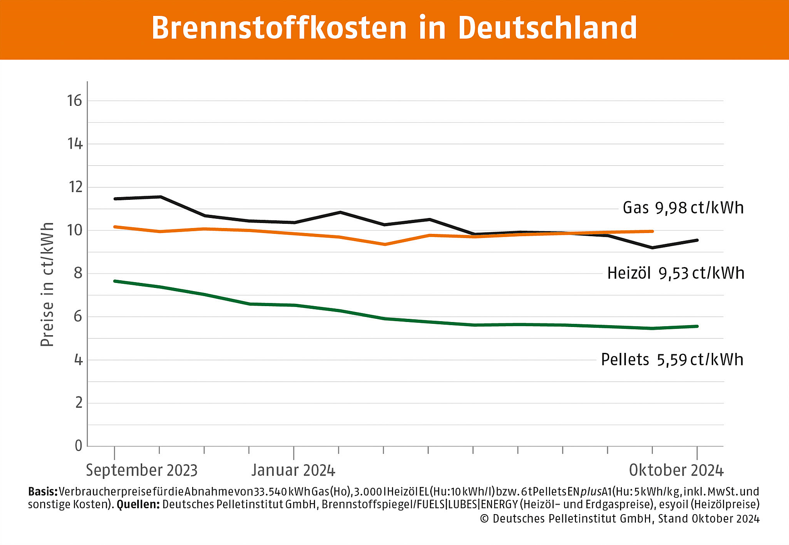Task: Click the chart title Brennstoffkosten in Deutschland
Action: click(394, 28)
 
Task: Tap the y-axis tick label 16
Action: click(74, 100)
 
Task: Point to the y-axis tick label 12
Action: click(74, 187)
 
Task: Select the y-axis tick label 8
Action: click(78, 273)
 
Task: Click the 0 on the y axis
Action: click(79, 446)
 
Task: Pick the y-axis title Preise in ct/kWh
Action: click(47, 284)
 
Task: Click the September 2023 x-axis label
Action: click(142, 470)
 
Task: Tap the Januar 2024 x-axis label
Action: click(293, 470)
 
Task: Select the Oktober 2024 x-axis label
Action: click(676, 470)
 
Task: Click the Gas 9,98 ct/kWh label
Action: click(683, 208)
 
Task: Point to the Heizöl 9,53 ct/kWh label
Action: click(676, 273)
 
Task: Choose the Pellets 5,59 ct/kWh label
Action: click(672, 359)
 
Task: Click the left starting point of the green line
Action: click(115, 281)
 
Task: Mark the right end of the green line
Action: click(697, 326)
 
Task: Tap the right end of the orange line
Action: click(652, 231)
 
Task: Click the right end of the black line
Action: click(697, 240)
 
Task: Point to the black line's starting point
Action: click(115, 198)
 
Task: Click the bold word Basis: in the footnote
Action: click(43, 491)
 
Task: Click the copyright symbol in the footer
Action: click(484, 519)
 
